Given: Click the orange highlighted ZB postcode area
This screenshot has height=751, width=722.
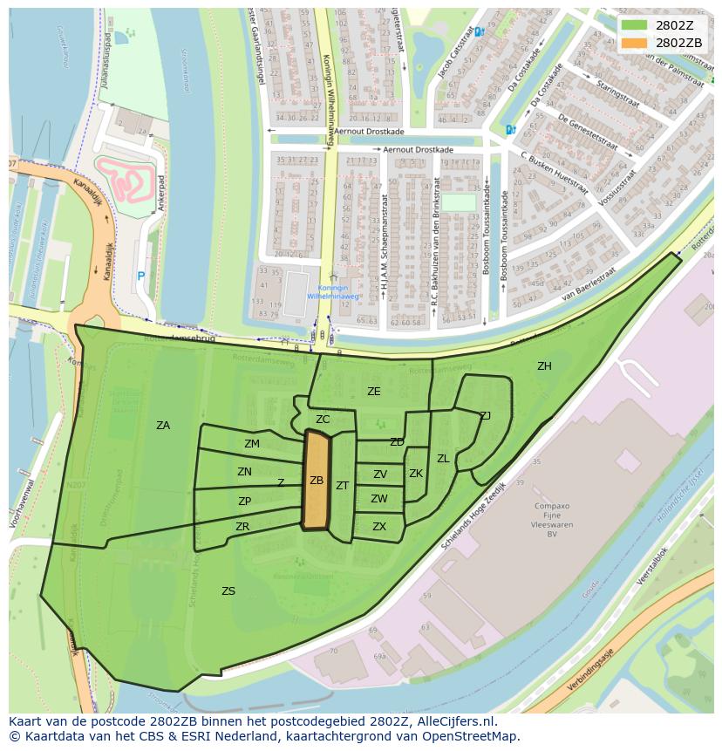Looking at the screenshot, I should pyautogui.click(x=316, y=481).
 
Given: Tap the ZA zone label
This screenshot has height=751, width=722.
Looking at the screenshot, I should pyautogui.click(x=163, y=426).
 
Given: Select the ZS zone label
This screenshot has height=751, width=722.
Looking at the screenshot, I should pyautogui.click(x=228, y=591).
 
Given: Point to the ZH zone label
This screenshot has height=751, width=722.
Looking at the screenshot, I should pyautogui.click(x=544, y=366).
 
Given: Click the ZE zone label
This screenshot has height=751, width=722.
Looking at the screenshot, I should pyautogui.click(x=374, y=392).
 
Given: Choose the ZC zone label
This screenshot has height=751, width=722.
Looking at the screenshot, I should pyautogui.click(x=323, y=420).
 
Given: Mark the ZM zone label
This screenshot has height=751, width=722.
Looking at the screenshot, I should pyautogui.click(x=252, y=444).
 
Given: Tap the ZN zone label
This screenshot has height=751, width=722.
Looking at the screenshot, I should pyautogui.click(x=244, y=472).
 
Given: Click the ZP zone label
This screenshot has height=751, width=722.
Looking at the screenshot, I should pyautogui.click(x=244, y=502).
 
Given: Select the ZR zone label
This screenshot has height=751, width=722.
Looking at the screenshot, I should pyautogui.click(x=242, y=527).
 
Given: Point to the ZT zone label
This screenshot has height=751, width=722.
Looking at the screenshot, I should pyautogui.click(x=343, y=486).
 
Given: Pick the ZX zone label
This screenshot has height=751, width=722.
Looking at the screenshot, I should pyautogui.click(x=379, y=527).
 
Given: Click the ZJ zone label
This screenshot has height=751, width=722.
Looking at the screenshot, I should pyautogui.click(x=485, y=415).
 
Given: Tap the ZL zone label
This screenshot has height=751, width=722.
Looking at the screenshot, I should pyautogui.click(x=443, y=459).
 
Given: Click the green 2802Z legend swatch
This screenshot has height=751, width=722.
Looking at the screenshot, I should pyautogui.click(x=635, y=25).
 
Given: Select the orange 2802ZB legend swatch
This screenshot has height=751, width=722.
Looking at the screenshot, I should pyautogui.click(x=635, y=43).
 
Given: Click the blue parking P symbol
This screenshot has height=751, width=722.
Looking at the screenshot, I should pyautogui.click(x=140, y=277).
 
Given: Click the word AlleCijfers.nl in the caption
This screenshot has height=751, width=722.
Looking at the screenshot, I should pyautogui.click(x=454, y=722).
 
